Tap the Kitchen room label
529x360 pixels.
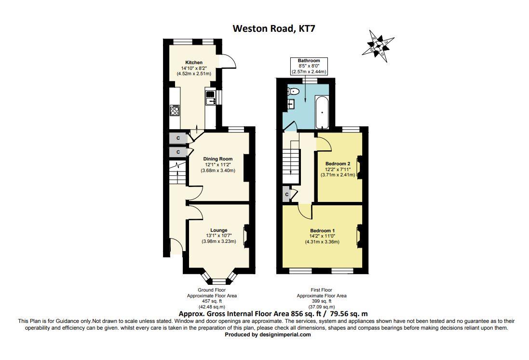[x=194, y=62]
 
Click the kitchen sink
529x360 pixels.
[x=211, y=99]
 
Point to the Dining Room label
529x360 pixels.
[x=217, y=159]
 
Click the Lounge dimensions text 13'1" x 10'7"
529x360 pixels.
[x=218, y=236]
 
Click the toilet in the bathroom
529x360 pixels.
[x=295, y=91]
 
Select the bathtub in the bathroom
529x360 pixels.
[x=322, y=112]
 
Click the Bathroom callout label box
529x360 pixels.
[x=309, y=66]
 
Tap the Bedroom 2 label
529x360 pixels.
[x=338, y=163]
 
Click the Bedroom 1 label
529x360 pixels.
[x=322, y=230]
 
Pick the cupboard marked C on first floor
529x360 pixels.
[x=287, y=194]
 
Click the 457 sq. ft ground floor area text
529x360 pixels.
[x=212, y=301]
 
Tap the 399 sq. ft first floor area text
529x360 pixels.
[x=321, y=301]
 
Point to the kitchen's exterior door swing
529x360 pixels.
[x=228, y=62]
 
